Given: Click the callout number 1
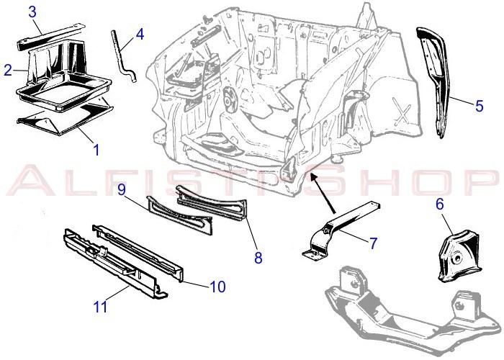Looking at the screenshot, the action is [96, 150].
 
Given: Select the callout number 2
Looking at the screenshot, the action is [8, 70].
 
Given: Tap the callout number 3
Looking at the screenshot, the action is [32, 12].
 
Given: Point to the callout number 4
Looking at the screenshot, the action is [140, 34].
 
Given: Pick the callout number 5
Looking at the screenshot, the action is [480, 106].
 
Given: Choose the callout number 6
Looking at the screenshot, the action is [440, 204].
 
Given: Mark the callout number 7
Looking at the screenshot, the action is [373, 243].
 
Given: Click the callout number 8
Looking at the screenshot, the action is [258, 258].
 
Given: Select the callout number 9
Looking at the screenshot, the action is [122, 189].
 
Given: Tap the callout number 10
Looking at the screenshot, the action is [217, 287].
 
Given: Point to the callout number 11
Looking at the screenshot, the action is [100, 307].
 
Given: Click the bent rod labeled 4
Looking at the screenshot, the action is [123, 56].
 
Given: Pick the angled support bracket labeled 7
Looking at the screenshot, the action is [341, 229].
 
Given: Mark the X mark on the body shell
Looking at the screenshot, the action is [402, 111].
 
